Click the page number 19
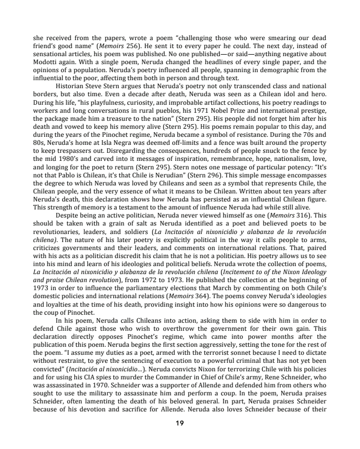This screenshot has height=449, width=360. [x=179, y=423]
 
